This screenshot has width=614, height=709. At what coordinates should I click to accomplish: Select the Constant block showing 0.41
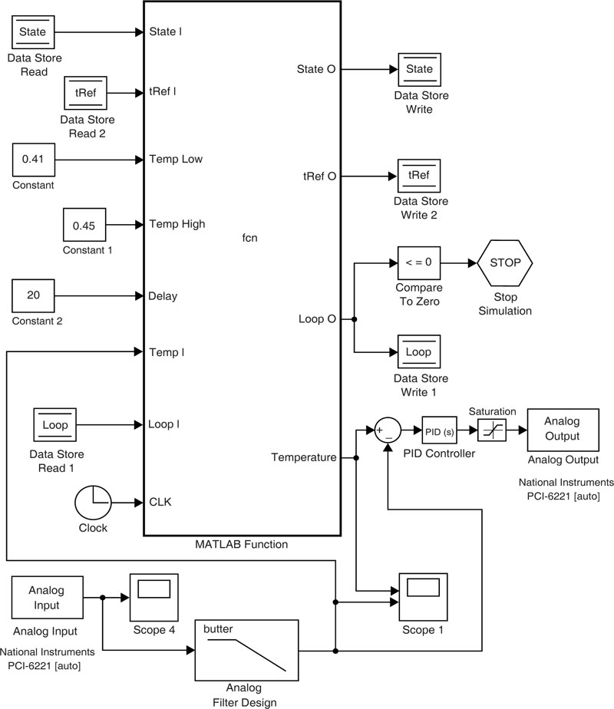33,160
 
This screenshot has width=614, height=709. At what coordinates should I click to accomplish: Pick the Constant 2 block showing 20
33,295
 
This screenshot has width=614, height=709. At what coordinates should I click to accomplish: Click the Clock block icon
93,503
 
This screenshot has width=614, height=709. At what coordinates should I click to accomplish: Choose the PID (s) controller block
439,431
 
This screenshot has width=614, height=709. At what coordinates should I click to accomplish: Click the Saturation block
491,431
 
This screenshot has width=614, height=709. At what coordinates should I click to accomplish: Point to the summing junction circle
387,431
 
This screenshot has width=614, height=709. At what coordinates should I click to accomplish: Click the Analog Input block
46,599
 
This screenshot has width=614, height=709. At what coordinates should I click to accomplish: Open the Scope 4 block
153,599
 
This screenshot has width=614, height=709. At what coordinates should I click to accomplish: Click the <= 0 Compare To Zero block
418,262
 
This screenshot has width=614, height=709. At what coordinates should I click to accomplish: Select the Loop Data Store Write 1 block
418,352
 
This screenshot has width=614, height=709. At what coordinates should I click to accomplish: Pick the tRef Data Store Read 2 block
84,92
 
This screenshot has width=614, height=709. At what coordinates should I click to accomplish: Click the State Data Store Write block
419,69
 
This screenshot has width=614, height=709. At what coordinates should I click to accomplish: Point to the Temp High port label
177,225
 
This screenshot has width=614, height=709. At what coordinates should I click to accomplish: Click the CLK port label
160,503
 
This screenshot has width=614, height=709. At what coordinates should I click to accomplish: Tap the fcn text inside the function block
249,238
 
